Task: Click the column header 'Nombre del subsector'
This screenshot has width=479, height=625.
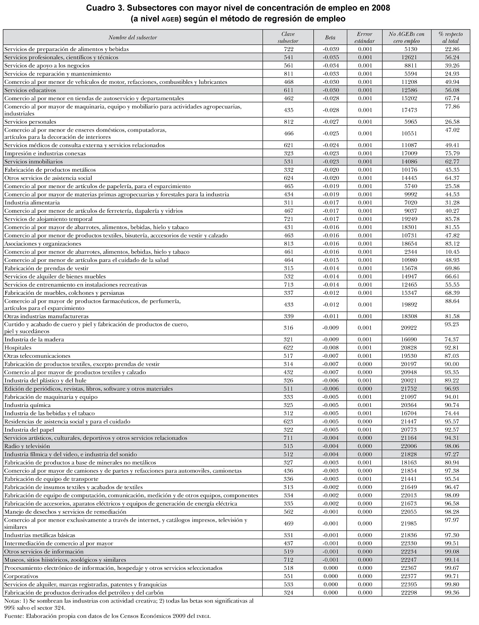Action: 133,37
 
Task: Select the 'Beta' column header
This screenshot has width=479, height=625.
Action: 330,37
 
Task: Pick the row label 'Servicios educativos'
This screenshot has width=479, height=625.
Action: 30,90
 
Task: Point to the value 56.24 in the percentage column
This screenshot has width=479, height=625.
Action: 451,57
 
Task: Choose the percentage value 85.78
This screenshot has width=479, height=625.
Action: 451,219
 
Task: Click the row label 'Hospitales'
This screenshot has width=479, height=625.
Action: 18,348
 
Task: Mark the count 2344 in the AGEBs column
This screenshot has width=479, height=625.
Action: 408,252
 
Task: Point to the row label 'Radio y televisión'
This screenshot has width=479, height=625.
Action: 27,446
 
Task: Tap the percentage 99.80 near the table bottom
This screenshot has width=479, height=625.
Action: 451,584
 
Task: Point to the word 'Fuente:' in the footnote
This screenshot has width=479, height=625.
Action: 14,616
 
